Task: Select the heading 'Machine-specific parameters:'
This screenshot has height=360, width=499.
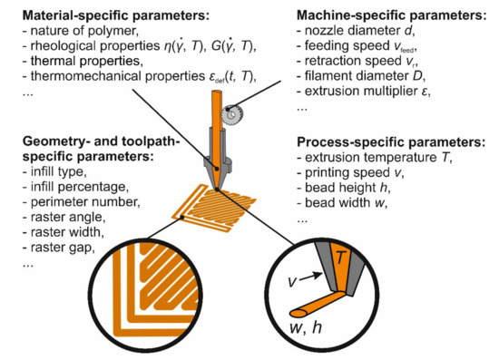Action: point(395,16)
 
